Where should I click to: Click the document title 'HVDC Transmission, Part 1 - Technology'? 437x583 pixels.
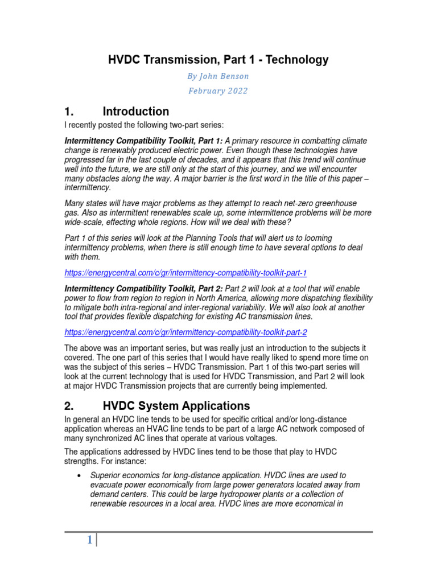(x=218, y=59)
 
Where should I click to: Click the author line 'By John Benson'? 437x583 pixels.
(x=218, y=76)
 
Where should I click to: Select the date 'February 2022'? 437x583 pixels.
(x=218, y=90)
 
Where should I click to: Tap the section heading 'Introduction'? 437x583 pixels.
(x=136, y=112)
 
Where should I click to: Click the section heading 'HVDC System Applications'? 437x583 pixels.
(x=176, y=406)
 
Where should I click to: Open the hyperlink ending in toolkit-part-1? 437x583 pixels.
(x=185, y=273)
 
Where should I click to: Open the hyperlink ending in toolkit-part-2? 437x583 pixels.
(x=185, y=332)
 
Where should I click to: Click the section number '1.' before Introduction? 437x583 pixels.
(x=69, y=112)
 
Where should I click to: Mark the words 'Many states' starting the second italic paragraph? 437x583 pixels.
(x=85, y=203)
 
